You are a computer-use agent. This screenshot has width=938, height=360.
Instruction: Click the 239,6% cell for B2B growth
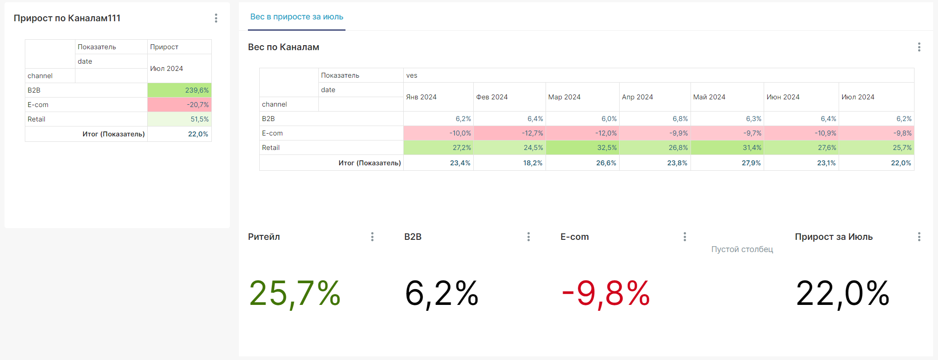tap(197, 90)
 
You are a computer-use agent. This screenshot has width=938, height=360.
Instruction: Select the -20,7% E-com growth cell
tap(198, 105)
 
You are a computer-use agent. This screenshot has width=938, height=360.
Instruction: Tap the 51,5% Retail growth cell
tap(199, 119)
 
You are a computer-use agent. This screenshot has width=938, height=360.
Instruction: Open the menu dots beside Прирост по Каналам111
tap(216, 18)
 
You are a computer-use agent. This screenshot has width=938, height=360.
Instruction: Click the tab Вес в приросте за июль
tap(297, 17)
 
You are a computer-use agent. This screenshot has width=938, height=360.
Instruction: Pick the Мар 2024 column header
tap(564, 97)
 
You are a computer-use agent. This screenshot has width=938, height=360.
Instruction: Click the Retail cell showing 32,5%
tap(607, 148)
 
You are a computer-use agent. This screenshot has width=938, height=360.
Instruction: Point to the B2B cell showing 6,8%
tap(680, 119)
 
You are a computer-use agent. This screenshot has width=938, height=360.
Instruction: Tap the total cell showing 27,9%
tap(751, 163)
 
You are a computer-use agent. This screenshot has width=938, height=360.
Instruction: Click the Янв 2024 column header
tap(421, 97)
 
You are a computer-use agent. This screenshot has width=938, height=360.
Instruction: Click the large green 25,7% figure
tap(295, 294)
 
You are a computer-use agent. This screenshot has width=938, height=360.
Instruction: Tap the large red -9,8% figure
tap(605, 294)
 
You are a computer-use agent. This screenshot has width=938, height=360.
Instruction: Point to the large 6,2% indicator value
tap(442, 294)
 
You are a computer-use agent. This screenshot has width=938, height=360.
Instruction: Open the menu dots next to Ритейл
tap(372, 237)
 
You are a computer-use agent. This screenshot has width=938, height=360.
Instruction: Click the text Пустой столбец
tap(742, 249)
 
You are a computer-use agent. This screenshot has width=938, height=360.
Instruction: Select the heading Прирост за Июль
tap(834, 237)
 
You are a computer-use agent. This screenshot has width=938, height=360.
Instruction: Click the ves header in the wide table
tap(411, 75)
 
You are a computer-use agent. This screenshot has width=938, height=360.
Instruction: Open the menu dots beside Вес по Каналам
tap(919, 47)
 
